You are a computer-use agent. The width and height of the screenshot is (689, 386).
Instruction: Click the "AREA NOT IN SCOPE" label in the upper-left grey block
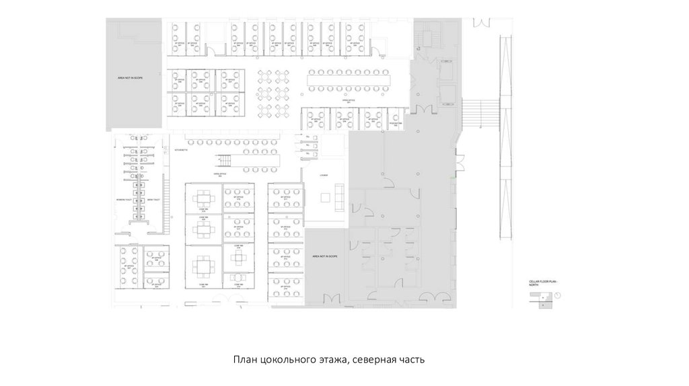(130, 78)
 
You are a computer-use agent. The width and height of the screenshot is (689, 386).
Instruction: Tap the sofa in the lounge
(339, 197)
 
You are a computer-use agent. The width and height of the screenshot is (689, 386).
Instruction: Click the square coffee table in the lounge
(326, 197)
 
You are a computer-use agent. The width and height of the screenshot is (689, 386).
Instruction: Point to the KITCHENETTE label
(181, 149)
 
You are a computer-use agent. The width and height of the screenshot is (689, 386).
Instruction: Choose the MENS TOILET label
(154, 200)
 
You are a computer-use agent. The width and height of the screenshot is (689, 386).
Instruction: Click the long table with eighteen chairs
(349, 81)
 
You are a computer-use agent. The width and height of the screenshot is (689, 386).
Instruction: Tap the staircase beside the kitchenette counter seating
(223, 161)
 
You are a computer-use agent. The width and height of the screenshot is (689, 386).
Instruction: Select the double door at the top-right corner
(482, 23)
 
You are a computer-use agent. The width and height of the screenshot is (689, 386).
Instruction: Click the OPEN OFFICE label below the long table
(349, 100)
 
